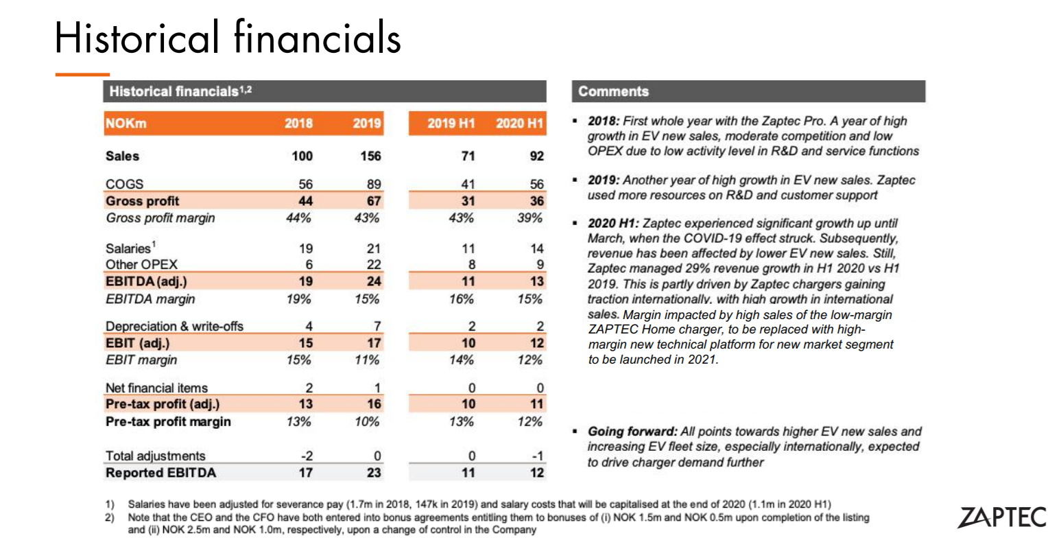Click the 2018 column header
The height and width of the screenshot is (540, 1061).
(298, 124)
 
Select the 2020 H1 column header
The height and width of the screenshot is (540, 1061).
(519, 124)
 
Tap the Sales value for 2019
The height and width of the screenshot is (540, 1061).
(370, 156)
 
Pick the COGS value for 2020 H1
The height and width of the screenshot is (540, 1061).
(536, 184)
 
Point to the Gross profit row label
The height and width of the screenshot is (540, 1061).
(142, 201)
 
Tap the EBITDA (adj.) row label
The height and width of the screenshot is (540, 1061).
(146, 281)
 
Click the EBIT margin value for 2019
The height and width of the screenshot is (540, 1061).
(367, 360)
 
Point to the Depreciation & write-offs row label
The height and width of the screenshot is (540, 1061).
(174, 327)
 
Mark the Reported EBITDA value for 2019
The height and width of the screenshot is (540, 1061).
(374, 473)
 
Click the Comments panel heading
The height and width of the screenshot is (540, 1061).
(613, 91)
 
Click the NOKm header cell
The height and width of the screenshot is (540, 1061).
(126, 124)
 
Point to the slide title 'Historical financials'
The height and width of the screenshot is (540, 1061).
(228, 37)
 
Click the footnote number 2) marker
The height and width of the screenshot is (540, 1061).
(110, 517)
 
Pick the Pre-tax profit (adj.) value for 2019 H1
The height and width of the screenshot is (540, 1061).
(468, 405)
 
